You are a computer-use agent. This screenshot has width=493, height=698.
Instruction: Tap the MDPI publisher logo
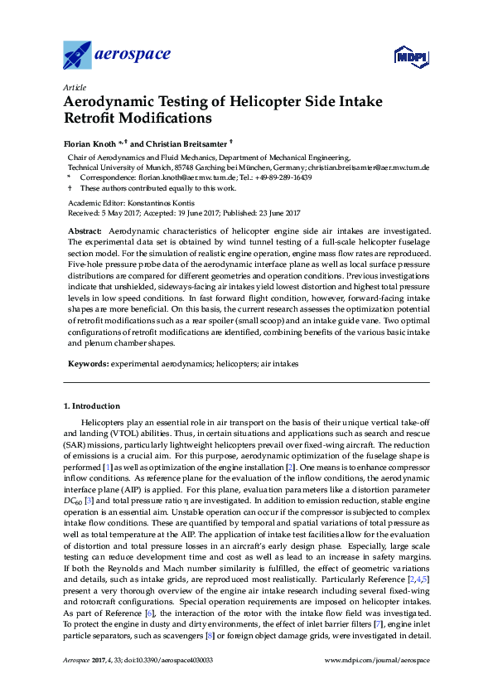pyautogui.click(x=410, y=56)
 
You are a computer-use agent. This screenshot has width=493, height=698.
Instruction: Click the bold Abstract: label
pyautogui.click(x=85, y=230)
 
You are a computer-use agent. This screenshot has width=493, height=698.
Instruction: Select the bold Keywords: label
pyautogui.click(x=87, y=364)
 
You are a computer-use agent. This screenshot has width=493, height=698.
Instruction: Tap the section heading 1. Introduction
pyautogui.click(x=92, y=406)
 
